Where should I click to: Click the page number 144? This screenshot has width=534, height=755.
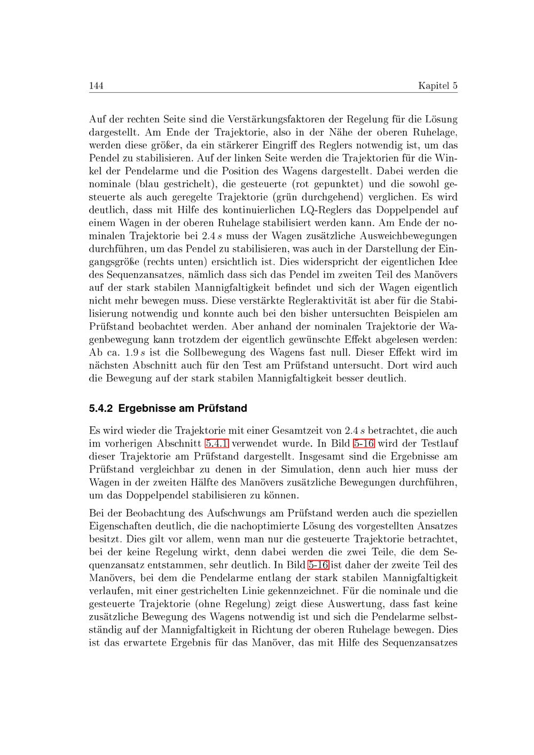(96, 86)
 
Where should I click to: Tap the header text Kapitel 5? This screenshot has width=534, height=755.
(437, 86)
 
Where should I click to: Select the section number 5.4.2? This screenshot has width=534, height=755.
(101, 409)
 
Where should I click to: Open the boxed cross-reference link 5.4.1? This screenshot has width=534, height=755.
(217, 443)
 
